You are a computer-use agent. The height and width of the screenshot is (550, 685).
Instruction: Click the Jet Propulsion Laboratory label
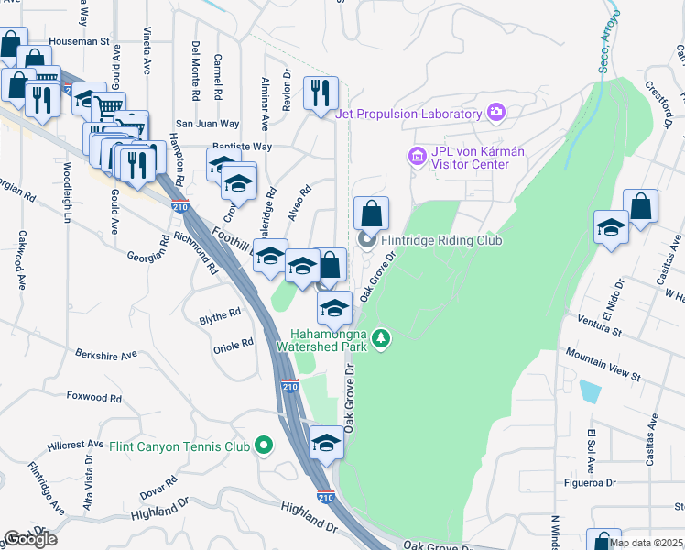408,114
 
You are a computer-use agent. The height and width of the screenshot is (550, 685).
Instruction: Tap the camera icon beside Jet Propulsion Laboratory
496,114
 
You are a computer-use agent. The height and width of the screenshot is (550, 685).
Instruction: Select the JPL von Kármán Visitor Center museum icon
418,158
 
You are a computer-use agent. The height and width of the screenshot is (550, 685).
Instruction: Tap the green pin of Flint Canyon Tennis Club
265,446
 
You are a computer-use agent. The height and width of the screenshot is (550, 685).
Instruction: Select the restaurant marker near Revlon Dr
321,93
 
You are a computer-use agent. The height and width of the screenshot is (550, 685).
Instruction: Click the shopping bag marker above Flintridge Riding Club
370,214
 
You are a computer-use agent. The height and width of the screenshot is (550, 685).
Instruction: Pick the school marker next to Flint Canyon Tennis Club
325,445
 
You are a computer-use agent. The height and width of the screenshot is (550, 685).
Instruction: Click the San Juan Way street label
207,124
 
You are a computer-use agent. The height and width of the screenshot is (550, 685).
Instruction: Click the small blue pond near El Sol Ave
591,392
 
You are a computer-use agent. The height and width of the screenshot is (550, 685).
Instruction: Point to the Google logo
29,539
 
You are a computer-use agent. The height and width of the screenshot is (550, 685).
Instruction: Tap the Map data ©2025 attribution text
646,543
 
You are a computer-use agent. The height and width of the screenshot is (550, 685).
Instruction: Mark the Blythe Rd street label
220,313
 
